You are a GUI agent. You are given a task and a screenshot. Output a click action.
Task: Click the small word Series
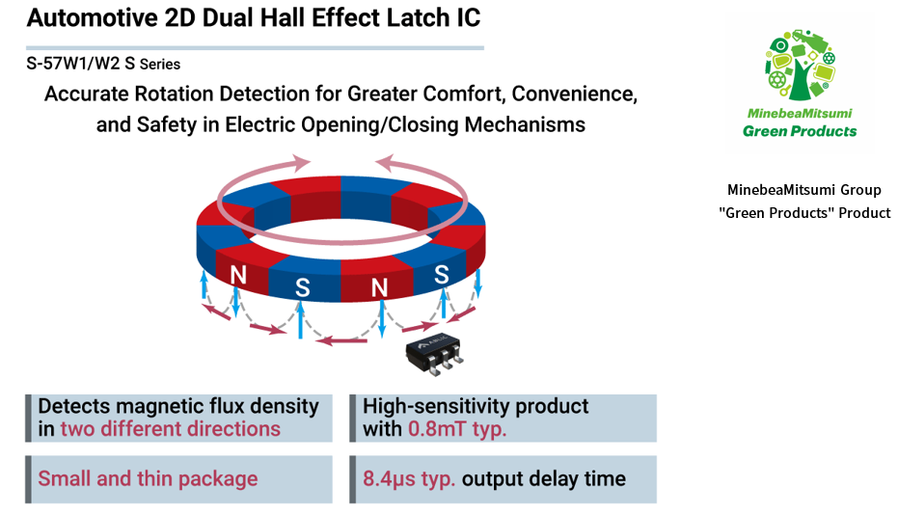(x=159, y=65)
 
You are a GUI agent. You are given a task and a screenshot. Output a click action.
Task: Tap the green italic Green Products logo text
(x=800, y=130)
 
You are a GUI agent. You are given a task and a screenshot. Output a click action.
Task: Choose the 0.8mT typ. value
(x=457, y=429)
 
